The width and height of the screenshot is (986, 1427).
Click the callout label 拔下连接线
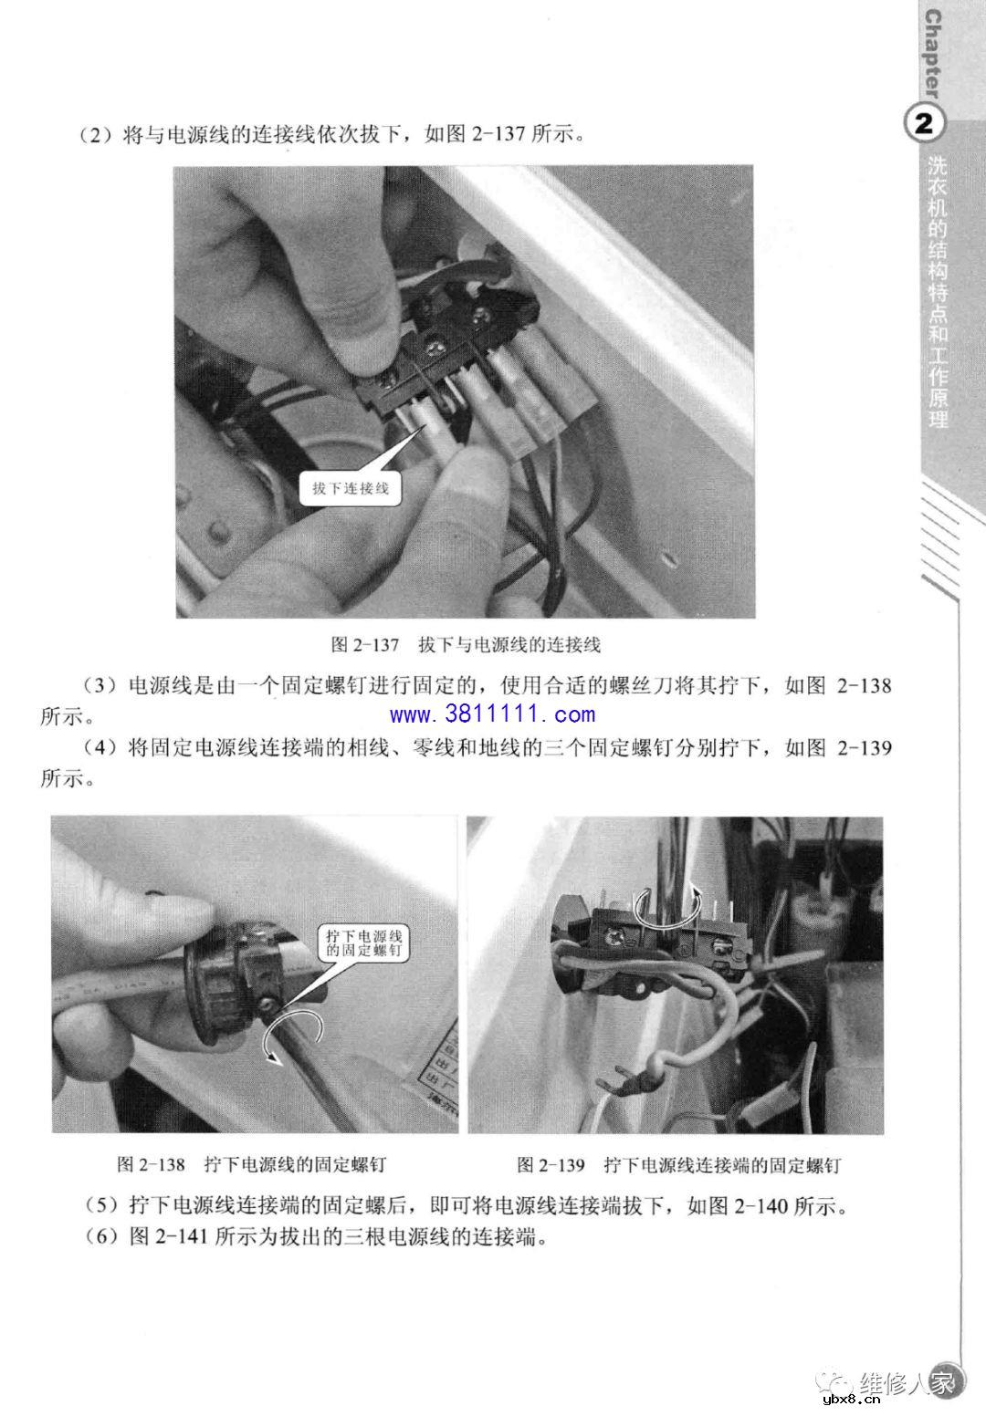[351, 488]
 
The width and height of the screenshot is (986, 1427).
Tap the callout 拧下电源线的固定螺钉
[367, 943]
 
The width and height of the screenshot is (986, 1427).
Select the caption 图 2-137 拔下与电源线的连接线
[465, 645]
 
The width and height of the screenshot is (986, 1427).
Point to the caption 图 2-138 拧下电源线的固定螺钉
[252, 1165]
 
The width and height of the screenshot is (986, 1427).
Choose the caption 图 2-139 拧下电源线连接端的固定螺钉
[678, 1165]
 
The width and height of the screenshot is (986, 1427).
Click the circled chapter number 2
[924, 124]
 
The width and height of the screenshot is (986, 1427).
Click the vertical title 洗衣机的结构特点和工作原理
[938, 292]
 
